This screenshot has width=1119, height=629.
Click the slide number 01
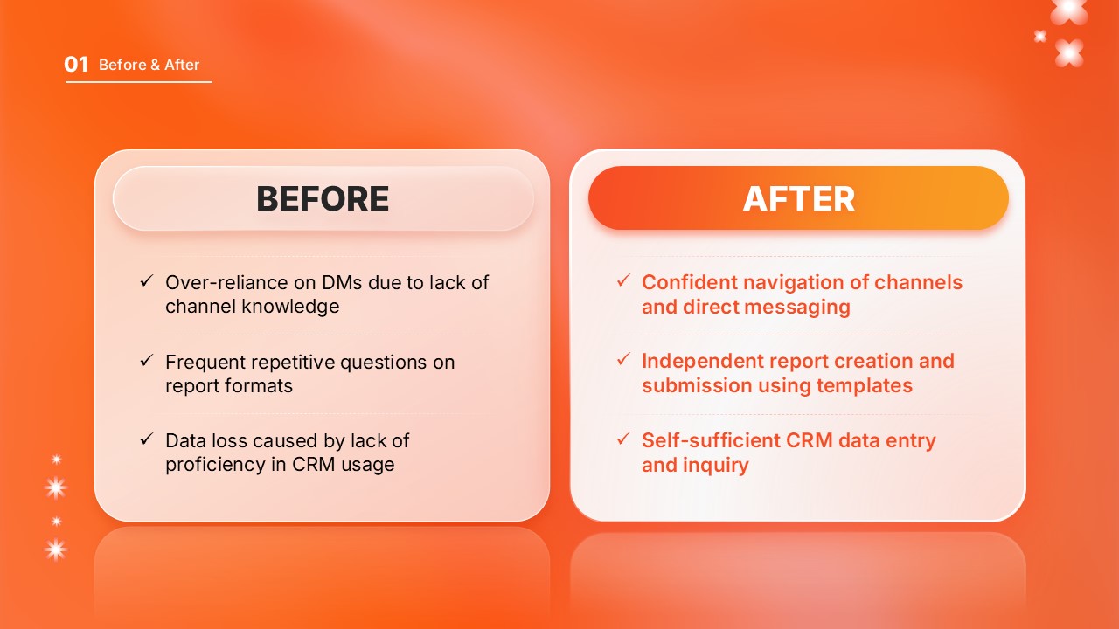click(x=76, y=65)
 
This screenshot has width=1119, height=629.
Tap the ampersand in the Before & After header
click(x=155, y=65)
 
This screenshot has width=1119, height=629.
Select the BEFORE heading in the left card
click(x=323, y=198)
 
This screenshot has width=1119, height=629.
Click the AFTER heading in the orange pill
click(x=798, y=198)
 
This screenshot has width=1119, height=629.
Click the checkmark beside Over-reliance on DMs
click(x=147, y=280)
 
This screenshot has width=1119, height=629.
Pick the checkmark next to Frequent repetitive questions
click(x=147, y=360)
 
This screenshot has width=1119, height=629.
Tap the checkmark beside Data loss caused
click(x=147, y=439)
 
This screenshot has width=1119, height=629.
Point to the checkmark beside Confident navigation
click(x=623, y=280)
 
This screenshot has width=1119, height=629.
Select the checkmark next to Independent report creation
click(x=623, y=359)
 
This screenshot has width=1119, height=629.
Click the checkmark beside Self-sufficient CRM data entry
click(x=623, y=439)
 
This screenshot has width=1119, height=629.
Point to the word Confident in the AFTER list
click(x=690, y=282)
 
